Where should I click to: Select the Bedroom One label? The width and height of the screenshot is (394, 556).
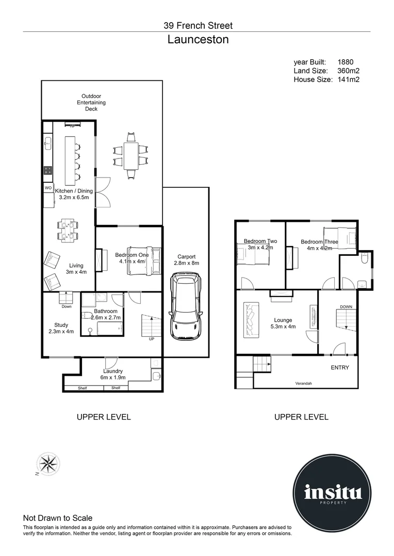click(132, 255)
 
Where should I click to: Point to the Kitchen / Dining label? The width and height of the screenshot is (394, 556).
click(74, 191)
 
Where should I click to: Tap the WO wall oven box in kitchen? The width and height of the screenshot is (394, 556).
click(48, 188)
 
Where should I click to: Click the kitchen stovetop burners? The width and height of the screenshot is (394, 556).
click(48, 170)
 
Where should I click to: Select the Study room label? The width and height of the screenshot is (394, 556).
click(61, 325)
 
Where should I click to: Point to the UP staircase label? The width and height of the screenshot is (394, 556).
click(151, 339)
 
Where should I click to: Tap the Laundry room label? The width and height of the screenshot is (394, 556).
click(112, 371)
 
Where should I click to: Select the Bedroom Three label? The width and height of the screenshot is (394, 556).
click(319, 242)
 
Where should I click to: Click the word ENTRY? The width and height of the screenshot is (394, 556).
click(340, 368)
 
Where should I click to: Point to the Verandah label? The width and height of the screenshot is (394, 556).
click(303, 384)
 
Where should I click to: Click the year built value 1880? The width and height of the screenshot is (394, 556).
click(346, 62)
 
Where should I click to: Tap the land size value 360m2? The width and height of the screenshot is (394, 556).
click(348, 71)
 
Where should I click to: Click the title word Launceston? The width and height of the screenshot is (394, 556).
click(198, 40)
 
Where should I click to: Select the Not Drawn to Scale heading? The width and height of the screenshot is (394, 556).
click(58, 518)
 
